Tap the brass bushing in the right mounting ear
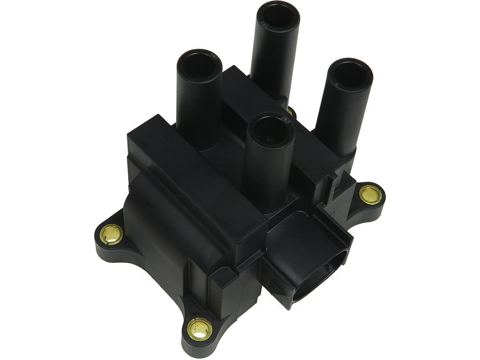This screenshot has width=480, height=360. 367,194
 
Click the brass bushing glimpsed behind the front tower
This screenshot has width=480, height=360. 292,112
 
